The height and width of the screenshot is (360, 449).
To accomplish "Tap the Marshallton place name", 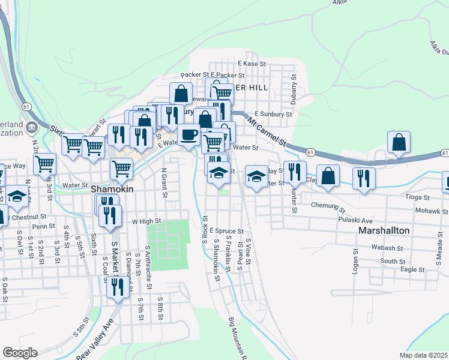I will [384, 230].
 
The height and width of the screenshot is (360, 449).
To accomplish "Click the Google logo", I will [20, 353].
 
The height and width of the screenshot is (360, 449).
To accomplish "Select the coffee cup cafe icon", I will [189, 135].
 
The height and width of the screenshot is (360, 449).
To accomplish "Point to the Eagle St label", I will [412, 270].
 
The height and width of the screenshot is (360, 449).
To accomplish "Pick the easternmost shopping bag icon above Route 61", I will [398, 143].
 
